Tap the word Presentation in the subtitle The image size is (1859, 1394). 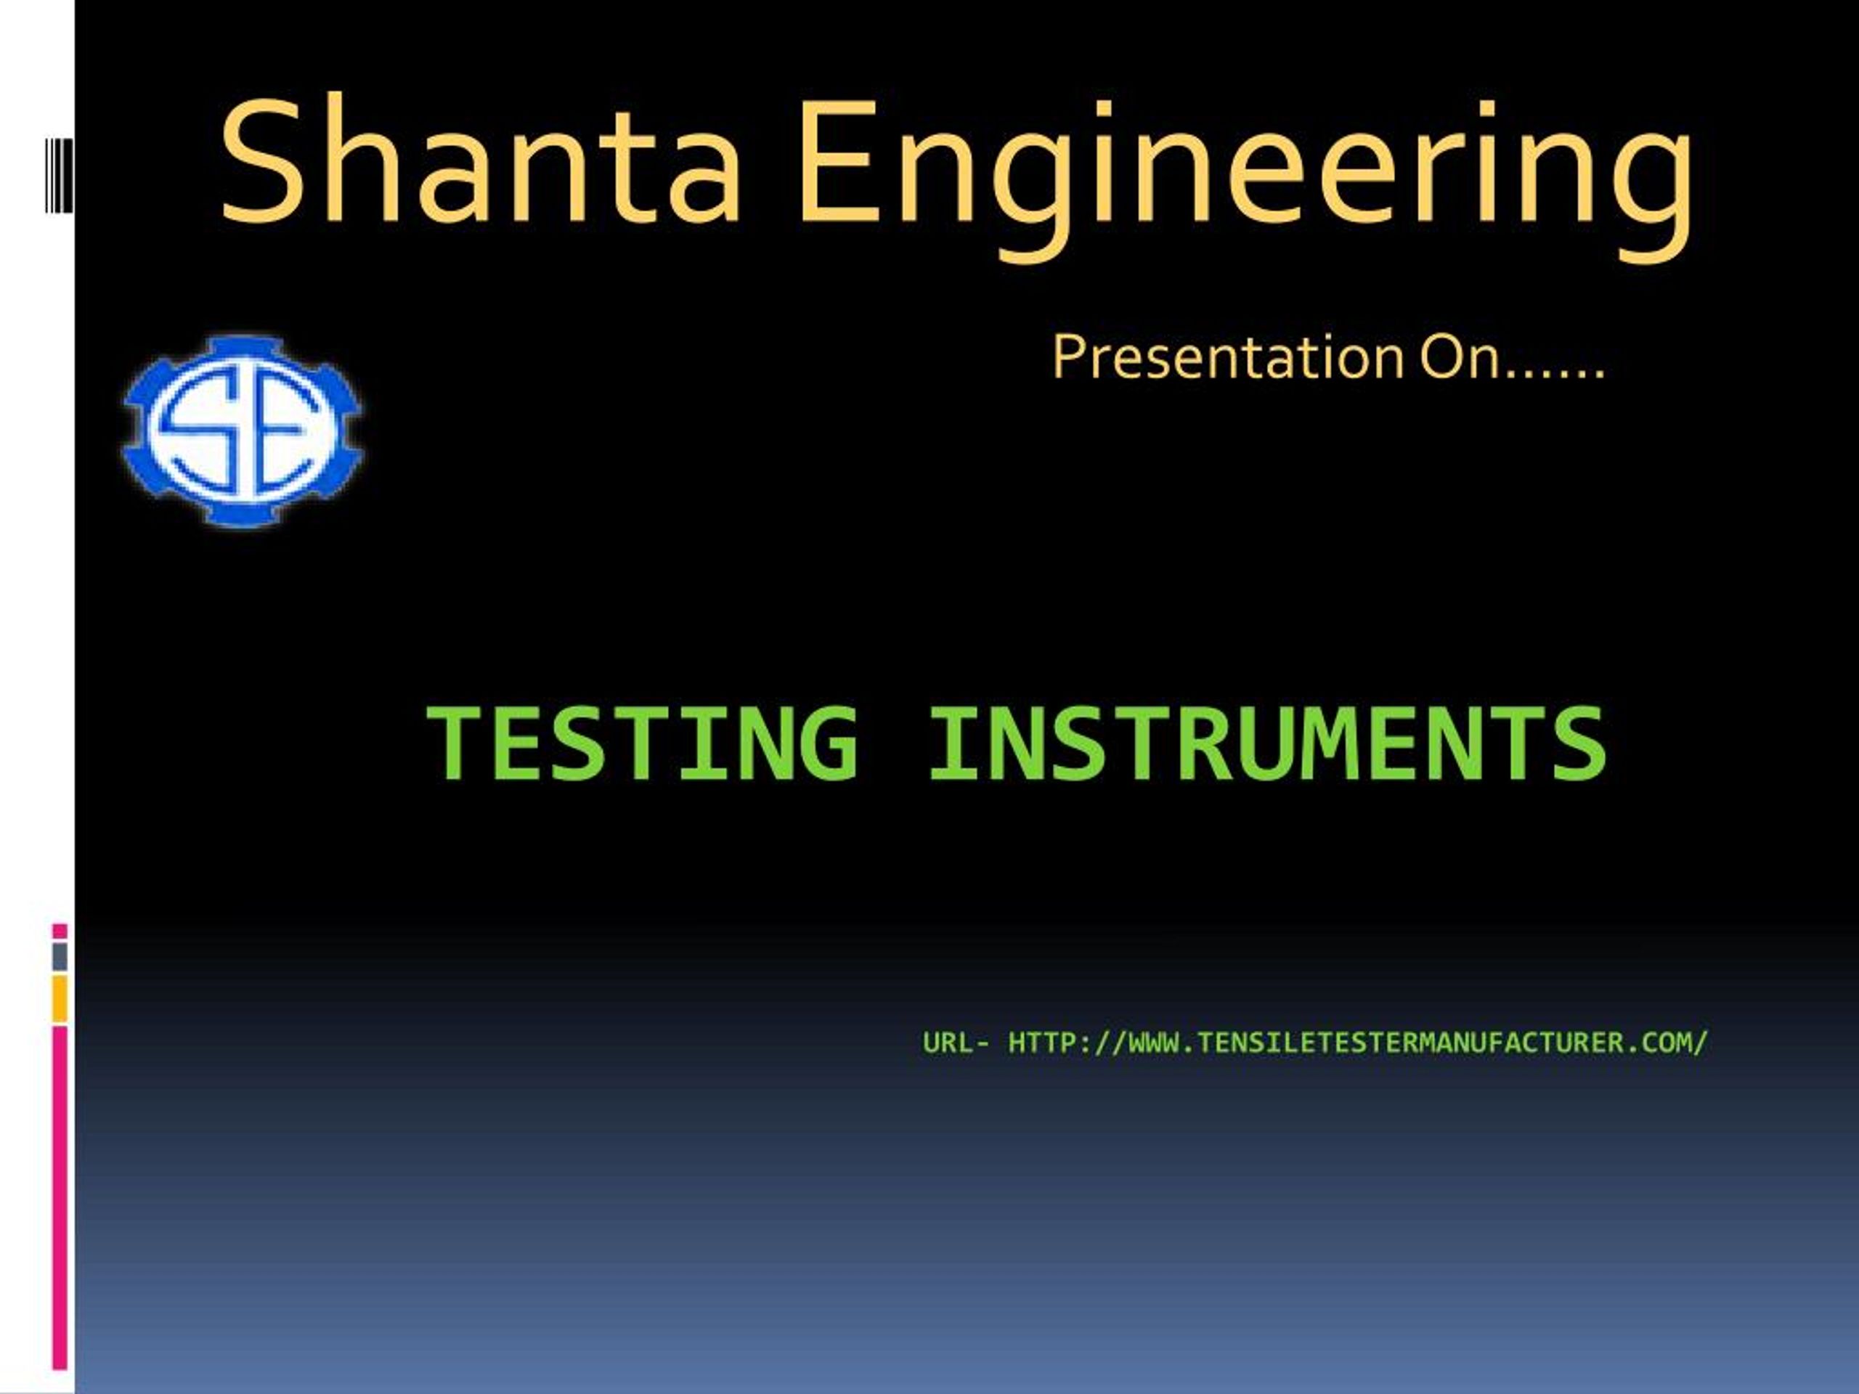1228,358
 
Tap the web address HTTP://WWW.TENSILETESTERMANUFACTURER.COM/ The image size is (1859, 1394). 1357,1043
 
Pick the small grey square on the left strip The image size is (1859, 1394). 60,956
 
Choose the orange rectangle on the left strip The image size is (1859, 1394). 60,999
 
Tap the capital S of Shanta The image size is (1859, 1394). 261,160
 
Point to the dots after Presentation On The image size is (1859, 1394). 1554,372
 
